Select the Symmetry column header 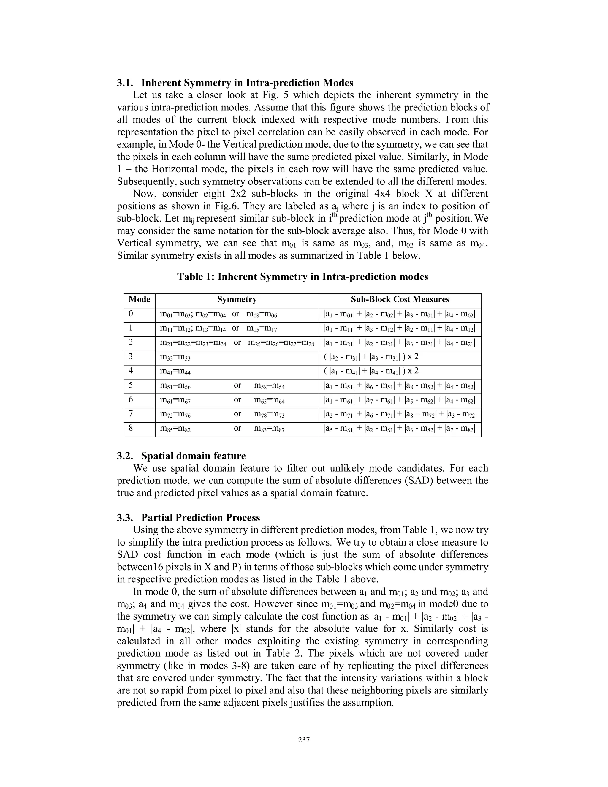tap(237, 299)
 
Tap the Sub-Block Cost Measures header tap(400, 299)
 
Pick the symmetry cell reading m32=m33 tap(175, 357)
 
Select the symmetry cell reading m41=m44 tap(175, 371)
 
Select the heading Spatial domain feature tap(193, 456)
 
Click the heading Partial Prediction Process tap(200, 518)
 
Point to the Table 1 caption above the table tap(303, 277)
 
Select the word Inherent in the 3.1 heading tap(161, 83)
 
